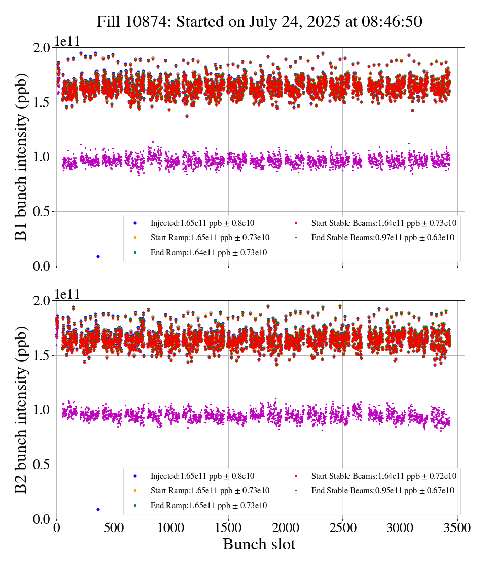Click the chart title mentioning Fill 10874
click(x=259, y=22)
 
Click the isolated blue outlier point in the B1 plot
click(x=98, y=256)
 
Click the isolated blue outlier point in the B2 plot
click(x=98, y=509)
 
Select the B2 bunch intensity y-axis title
click(x=21, y=409)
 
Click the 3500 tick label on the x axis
click(x=457, y=527)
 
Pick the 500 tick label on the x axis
click(x=114, y=527)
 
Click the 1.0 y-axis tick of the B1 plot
click(x=43, y=157)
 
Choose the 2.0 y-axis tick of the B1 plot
click(x=43, y=48)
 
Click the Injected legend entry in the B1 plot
click(x=202, y=223)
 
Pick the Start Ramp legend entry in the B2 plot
click(x=210, y=491)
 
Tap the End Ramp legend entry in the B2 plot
click(x=208, y=506)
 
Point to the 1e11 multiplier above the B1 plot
click(x=68, y=42)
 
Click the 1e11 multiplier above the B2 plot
click(x=68, y=295)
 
